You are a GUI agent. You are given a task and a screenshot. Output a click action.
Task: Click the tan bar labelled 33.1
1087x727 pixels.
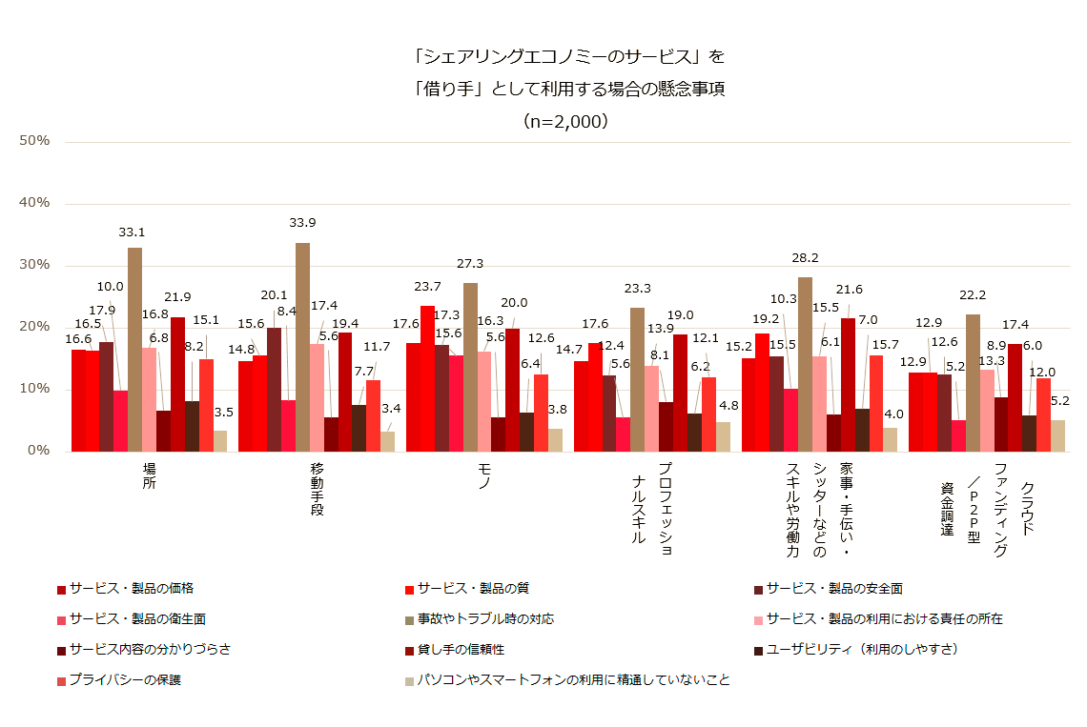pyautogui.click(x=134, y=349)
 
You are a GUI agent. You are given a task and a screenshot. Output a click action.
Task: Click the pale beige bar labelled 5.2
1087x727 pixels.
pyautogui.click(x=1057, y=435)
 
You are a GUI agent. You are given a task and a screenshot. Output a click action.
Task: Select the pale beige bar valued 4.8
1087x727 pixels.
pyautogui.click(x=723, y=436)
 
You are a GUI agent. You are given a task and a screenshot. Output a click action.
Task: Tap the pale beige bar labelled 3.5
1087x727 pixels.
pyautogui.click(x=220, y=440)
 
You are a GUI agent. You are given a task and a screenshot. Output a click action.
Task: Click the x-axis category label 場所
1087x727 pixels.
pyautogui.click(x=148, y=476)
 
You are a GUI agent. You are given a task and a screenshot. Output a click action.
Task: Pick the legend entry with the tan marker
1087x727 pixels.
pyautogui.click(x=486, y=619)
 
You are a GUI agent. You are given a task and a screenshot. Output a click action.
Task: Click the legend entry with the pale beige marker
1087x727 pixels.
pyautogui.click(x=572, y=680)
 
